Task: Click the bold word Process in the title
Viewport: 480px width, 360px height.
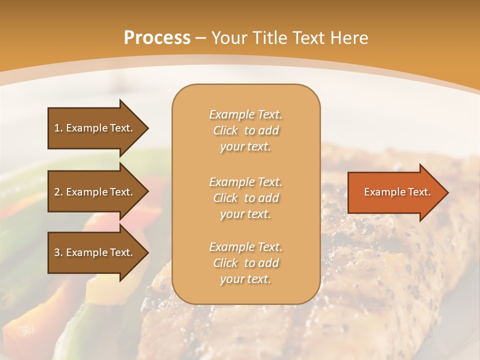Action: click(x=157, y=38)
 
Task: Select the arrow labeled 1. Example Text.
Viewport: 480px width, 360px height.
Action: click(x=95, y=128)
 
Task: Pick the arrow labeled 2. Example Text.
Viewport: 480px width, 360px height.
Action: click(x=95, y=192)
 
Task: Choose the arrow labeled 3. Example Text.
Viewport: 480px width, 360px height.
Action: click(x=95, y=252)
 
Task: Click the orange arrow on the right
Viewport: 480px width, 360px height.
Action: click(x=395, y=192)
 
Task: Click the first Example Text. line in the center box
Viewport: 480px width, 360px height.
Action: click(x=245, y=114)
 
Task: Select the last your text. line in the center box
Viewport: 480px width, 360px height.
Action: click(x=245, y=279)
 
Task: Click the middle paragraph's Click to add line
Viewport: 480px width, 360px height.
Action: click(x=245, y=198)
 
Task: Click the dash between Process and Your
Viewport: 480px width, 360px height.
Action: click(x=200, y=38)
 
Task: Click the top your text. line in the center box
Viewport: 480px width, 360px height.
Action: click(x=245, y=147)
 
